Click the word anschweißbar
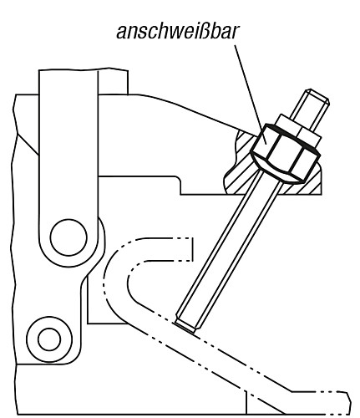(x=177, y=31)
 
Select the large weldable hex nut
(x=286, y=153)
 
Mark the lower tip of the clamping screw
(x=185, y=327)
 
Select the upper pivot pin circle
(x=68, y=237)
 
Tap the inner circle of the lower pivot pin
(x=49, y=339)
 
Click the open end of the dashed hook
(x=192, y=249)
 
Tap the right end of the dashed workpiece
(x=348, y=403)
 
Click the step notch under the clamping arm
(x=179, y=186)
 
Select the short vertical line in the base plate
(x=246, y=402)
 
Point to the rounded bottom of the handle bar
(x=68, y=265)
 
